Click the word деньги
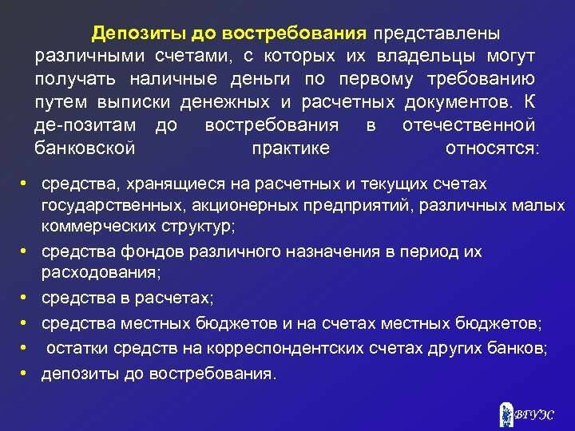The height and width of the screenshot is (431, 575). pos(255,80)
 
